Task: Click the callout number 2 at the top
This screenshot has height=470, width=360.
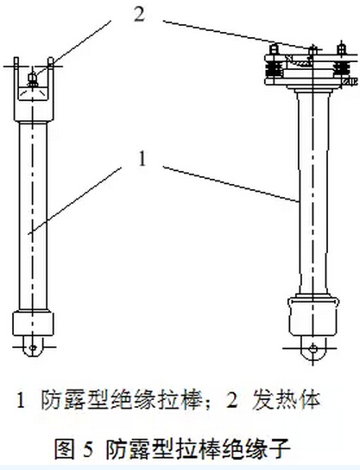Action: click(x=140, y=15)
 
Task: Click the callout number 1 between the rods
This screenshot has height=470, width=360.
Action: click(x=142, y=159)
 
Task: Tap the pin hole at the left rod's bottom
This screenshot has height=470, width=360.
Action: click(x=33, y=347)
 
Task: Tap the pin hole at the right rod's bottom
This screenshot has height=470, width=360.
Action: click(x=313, y=348)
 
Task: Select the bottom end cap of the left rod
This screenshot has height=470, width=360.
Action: click(x=33, y=323)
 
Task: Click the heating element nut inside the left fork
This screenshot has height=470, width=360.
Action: click(x=32, y=79)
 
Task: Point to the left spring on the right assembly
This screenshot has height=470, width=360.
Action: click(x=273, y=70)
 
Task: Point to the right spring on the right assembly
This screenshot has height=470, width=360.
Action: click(x=341, y=70)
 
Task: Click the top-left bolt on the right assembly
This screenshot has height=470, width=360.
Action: click(x=274, y=49)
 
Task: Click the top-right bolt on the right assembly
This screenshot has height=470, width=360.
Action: click(x=341, y=49)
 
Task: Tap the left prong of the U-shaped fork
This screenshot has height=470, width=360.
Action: click(x=16, y=72)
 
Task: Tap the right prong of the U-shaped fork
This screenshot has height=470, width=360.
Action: click(x=51, y=72)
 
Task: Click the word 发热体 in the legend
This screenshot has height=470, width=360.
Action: click(x=287, y=400)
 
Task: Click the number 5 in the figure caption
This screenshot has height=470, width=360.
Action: click(x=88, y=448)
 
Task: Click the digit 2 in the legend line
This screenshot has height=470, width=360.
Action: click(x=232, y=400)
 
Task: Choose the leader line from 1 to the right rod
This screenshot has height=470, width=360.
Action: click(x=231, y=184)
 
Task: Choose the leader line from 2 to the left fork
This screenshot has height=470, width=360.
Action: click(x=72, y=48)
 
